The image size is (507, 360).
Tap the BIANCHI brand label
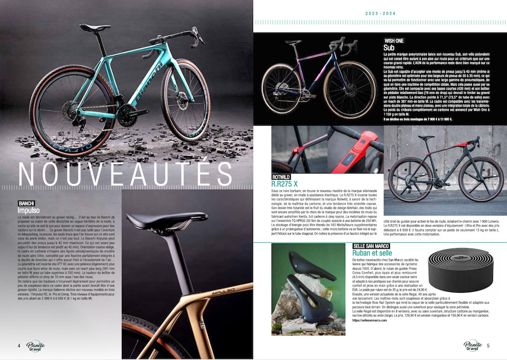pos(28,202)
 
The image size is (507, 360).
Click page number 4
pos(18,345)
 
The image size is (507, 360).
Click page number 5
pos(488,345)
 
